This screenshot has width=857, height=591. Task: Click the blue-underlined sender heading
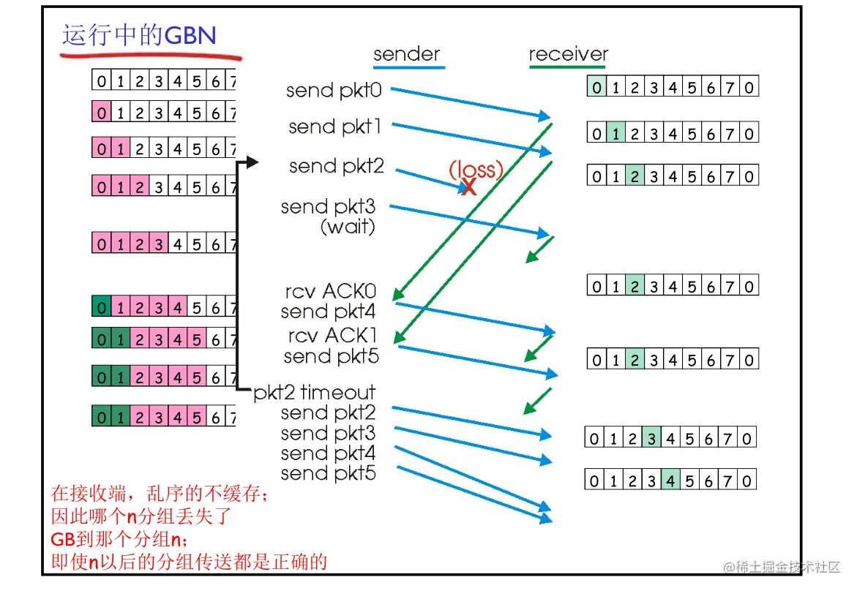406,54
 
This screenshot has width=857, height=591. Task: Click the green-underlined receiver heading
568,54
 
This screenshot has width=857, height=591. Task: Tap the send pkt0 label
335,91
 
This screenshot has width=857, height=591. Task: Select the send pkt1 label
335,127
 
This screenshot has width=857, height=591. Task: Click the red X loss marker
469,187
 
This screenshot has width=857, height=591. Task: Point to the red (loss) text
476,170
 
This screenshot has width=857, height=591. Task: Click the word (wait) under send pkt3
348,227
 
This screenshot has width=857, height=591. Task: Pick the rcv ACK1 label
331,336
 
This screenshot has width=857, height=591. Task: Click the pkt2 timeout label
315,393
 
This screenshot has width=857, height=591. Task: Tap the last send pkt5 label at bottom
328,473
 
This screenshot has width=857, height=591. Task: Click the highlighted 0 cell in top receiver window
597,88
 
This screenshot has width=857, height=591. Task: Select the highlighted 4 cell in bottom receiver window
670,481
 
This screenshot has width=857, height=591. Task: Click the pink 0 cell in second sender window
102,113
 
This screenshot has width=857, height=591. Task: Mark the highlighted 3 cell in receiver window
651,439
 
